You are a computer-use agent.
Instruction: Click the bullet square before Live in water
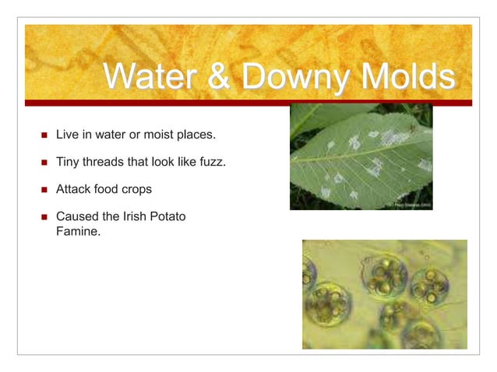point(44,135)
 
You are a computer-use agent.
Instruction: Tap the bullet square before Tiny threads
point(44,163)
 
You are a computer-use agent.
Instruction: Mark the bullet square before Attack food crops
point(44,190)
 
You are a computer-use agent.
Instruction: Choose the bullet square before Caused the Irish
point(44,216)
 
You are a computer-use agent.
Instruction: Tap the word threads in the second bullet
point(106,162)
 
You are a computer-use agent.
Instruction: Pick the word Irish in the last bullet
point(129,216)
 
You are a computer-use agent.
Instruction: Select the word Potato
point(167,216)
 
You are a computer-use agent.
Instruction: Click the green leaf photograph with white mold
point(361,156)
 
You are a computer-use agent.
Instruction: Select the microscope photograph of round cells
point(384,293)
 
